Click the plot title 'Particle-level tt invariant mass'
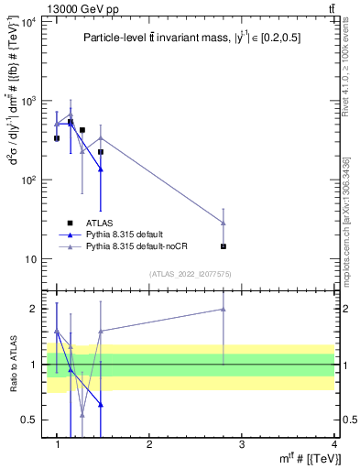tap(189, 38)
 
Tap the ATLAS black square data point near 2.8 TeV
tap(224, 246)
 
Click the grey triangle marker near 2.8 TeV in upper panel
tap(224, 223)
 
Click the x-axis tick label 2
tap(149, 444)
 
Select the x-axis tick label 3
tap(242, 444)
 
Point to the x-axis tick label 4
tap(333, 444)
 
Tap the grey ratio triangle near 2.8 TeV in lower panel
tap(224, 309)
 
